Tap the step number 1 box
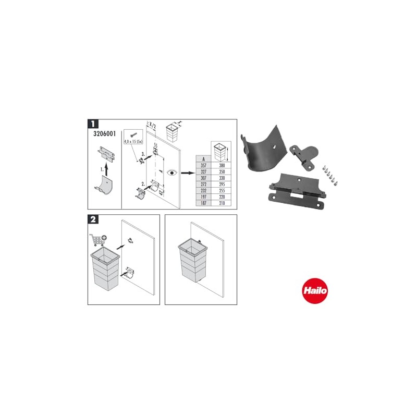pyautogui.click(x=92, y=124)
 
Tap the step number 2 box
pyautogui.click(x=92, y=219)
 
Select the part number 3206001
pyautogui.click(x=103, y=134)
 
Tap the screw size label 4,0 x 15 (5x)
pyautogui.click(x=134, y=141)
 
